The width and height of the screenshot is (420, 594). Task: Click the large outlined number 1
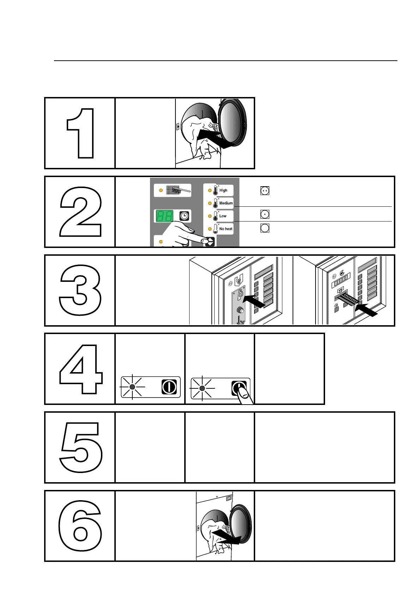pyautogui.click(x=81, y=133)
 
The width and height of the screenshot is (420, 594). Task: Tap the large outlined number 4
pyautogui.click(x=81, y=369)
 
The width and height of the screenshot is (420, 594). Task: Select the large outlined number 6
pyautogui.click(x=80, y=526)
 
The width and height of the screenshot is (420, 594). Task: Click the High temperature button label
pyautogui.click(x=224, y=190)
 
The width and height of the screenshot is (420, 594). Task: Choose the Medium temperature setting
pyautogui.click(x=226, y=203)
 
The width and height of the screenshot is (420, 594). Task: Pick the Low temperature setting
pyautogui.click(x=223, y=216)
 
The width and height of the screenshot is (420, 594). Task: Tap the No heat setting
pyautogui.click(x=226, y=229)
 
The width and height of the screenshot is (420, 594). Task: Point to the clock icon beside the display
pyautogui.click(x=184, y=216)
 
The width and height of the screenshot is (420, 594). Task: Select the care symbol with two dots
pyautogui.click(x=265, y=191)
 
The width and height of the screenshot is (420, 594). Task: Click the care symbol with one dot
pyautogui.click(x=265, y=214)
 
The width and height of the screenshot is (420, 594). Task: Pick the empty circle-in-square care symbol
pyautogui.click(x=265, y=228)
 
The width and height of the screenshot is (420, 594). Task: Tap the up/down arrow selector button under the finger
pyautogui.click(x=210, y=242)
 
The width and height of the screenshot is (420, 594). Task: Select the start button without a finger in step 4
pyautogui.click(x=169, y=387)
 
